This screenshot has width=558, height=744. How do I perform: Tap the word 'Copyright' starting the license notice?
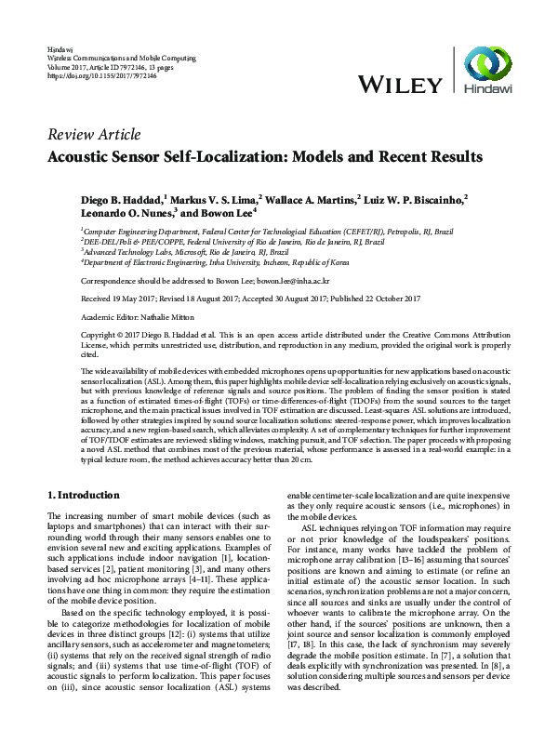click(100, 333)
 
